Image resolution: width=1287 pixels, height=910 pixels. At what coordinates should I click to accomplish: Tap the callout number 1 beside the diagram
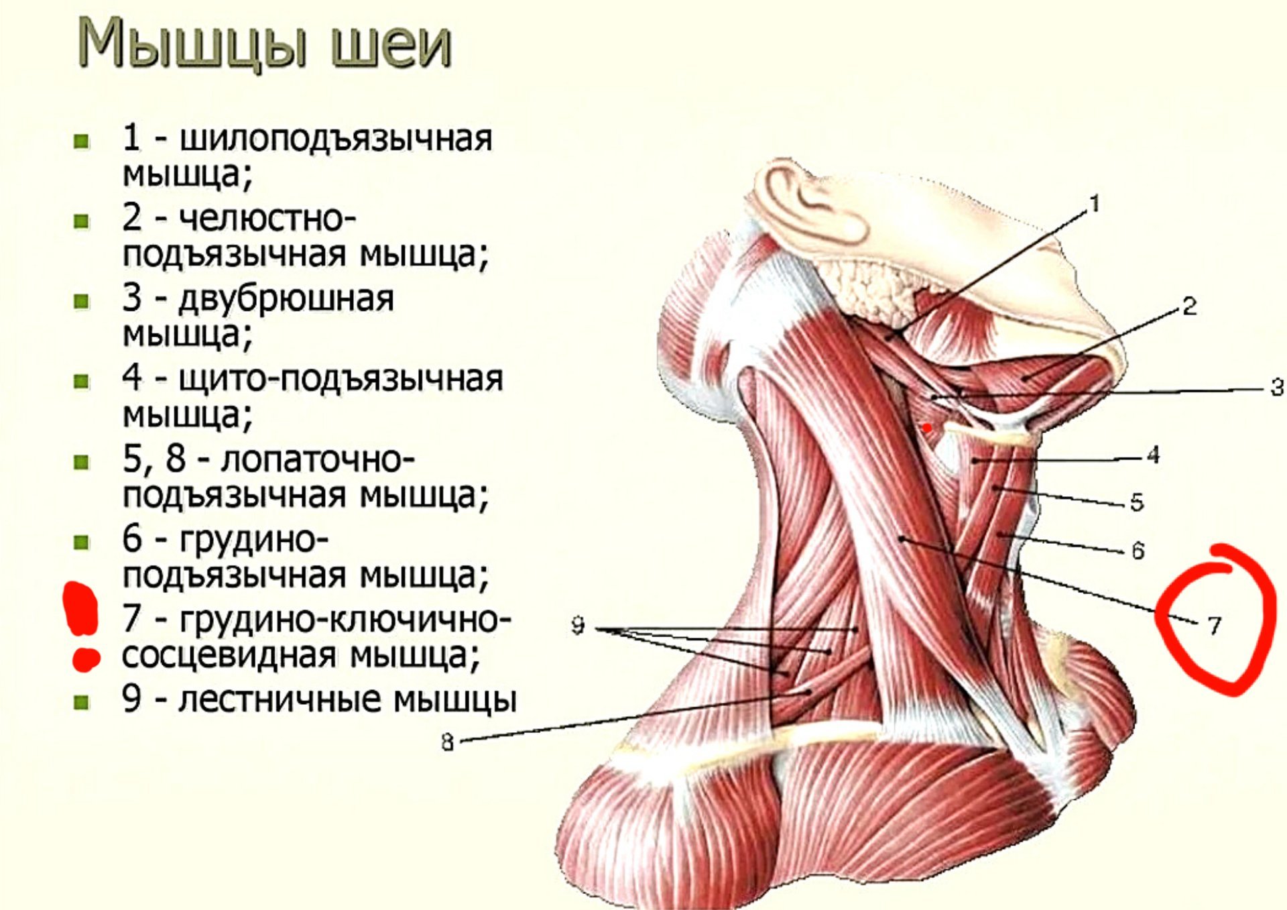click(x=1095, y=204)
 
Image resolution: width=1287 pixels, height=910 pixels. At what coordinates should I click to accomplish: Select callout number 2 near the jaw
click(x=1189, y=306)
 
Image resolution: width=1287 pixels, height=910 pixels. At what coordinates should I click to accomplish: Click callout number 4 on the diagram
click(x=1153, y=455)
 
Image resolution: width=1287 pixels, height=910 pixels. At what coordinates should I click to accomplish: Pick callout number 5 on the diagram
click(x=1137, y=502)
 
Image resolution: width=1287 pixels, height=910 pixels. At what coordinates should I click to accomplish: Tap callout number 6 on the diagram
click(x=1138, y=551)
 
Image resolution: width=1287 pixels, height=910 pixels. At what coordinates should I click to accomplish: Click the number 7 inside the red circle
click(x=1214, y=626)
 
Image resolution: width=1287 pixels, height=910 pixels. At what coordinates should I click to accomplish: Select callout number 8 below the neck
click(x=448, y=742)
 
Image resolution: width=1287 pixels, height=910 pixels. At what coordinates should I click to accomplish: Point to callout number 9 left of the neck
click(x=578, y=626)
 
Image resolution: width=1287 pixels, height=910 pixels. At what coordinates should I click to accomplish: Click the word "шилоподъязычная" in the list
click(x=336, y=139)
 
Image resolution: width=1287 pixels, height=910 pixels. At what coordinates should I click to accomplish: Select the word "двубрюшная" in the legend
click(x=286, y=299)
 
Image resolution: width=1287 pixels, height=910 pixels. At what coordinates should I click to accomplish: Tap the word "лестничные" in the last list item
click(x=282, y=699)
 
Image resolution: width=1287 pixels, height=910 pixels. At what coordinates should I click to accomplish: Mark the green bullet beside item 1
click(x=82, y=141)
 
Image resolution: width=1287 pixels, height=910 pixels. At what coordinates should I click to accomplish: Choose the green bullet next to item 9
click(x=82, y=702)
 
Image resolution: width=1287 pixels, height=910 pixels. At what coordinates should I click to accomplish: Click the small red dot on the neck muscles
click(x=927, y=427)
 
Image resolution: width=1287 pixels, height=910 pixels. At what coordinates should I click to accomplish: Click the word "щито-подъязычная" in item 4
click(x=341, y=379)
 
